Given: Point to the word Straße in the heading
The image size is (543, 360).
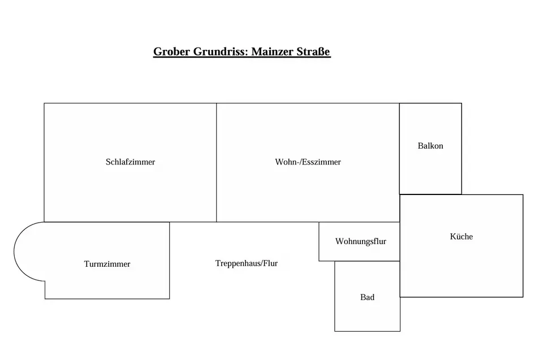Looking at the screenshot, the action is tap(313, 51).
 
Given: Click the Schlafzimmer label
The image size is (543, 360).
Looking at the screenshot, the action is tap(130, 162).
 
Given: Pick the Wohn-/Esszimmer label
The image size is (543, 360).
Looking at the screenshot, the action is tap(308, 162).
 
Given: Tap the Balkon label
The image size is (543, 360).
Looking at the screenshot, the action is tap(430, 146).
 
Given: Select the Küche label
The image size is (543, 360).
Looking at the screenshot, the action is tap(462, 236).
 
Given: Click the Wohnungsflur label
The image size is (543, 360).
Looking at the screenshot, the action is tap(360, 241).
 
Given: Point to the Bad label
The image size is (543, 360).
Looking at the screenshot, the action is tap(368, 297).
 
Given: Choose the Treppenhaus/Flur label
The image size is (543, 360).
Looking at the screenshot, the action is tap(247, 263).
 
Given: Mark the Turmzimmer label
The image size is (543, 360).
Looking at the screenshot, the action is tap(107, 264).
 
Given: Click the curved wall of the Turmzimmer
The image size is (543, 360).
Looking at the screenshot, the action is tap(14, 251).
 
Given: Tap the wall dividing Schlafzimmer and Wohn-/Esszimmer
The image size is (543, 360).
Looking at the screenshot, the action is tap(217, 162).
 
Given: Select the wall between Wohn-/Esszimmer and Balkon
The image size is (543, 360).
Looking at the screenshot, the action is tap(399, 149).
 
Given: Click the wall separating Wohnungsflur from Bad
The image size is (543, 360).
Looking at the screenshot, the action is tap(367, 261).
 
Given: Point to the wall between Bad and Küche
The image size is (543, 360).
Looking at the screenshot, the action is tap(400, 279).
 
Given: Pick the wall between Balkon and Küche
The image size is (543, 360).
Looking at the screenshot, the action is tap(430, 194).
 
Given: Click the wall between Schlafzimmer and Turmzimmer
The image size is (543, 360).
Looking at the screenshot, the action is tap(107, 222).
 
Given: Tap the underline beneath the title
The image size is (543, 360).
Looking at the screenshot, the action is tap(242, 57).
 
